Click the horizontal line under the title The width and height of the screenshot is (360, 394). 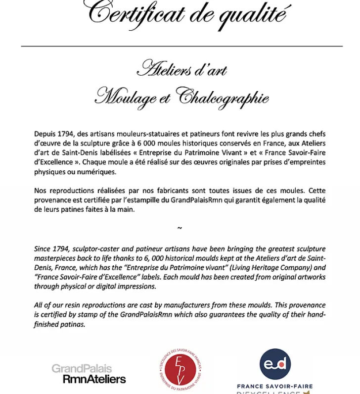(x=181, y=46)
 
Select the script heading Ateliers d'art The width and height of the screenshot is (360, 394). (x=181, y=70)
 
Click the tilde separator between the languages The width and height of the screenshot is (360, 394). (x=180, y=228)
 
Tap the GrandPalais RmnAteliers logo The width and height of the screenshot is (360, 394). (x=89, y=374)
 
